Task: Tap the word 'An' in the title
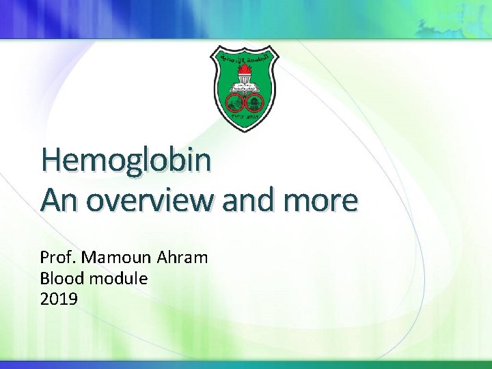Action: click(61, 200)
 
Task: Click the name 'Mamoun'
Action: click(118, 258)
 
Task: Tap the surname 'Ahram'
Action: click(182, 258)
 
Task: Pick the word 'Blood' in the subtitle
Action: click(60, 278)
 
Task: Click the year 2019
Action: click(59, 299)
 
